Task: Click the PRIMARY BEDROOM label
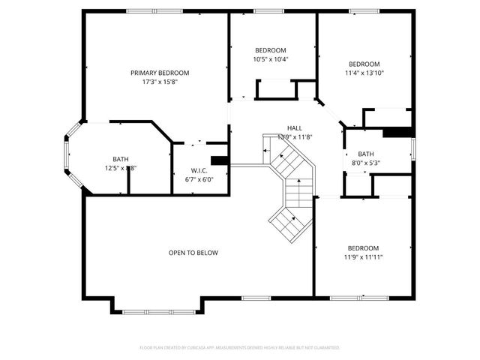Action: (x=160, y=73)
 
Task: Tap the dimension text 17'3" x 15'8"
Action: (x=160, y=82)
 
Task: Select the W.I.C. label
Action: (x=199, y=169)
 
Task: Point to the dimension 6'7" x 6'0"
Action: (x=199, y=179)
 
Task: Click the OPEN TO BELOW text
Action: (x=193, y=253)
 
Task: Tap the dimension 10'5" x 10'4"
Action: (x=271, y=59)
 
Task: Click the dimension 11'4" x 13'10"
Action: (x=364, y=73)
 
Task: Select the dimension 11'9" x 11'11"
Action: (x=363, y=257)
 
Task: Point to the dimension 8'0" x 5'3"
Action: (x=366, y=163)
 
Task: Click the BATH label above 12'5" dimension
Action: (x=120, y=159)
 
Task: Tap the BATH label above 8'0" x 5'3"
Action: (x=366, y=154)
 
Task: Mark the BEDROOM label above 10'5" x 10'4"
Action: (x=271, y=50)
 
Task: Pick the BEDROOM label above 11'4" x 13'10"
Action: (x=364, y=64)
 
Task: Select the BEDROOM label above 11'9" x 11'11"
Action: (x=363, y=248)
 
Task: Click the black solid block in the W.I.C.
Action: (x=219, y=160)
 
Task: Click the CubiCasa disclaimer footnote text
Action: (x=240, y=348)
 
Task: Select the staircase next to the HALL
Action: (x=291, y=184)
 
